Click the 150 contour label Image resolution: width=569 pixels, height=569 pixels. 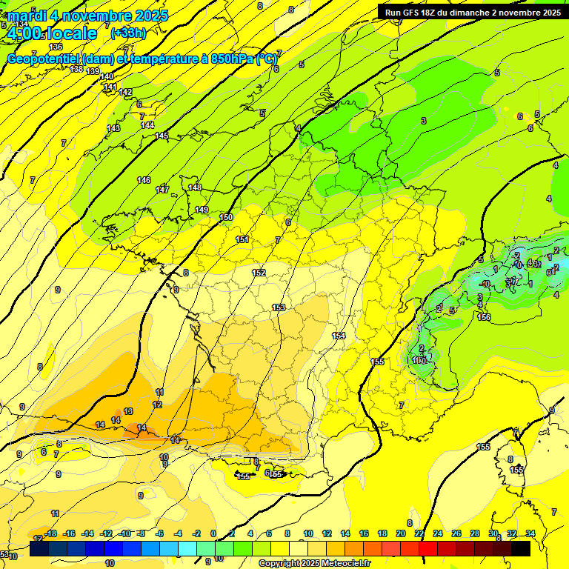227,217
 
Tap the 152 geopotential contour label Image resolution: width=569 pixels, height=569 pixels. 259,273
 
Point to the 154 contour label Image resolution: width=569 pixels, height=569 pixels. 339,336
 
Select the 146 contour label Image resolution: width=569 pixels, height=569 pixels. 144,181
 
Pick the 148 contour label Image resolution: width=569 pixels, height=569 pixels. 195,188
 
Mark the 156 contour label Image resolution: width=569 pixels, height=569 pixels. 484,318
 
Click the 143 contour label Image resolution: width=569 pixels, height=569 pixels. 113,129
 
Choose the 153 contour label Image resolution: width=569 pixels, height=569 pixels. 279,307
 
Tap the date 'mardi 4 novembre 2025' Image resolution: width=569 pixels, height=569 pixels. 88,16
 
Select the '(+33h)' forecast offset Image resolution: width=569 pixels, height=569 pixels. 128,33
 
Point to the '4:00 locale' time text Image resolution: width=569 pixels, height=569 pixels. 50,33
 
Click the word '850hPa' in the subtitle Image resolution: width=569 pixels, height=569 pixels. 230,59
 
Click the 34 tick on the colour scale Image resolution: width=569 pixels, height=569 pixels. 530,533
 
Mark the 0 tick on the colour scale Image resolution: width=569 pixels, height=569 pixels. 213,533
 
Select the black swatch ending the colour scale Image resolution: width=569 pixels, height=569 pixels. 521,548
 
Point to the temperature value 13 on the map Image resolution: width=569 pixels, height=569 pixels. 128,411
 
